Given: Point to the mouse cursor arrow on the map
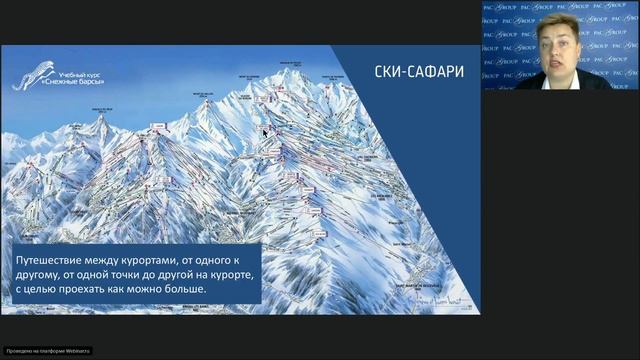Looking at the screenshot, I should coord(265,132).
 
